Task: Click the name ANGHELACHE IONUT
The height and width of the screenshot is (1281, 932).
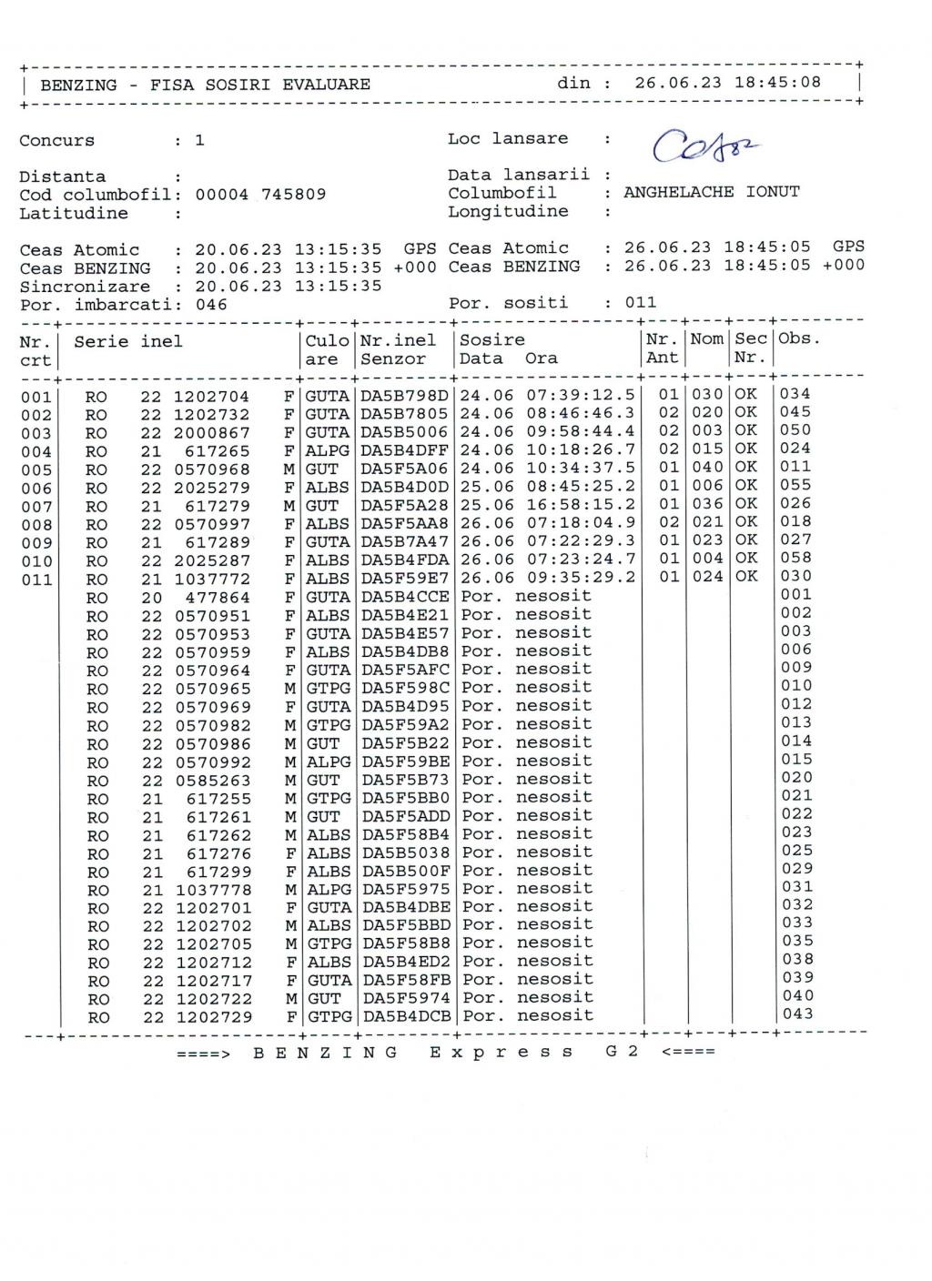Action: pos(711,192)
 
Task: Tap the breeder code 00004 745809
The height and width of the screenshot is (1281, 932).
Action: pos(260,194)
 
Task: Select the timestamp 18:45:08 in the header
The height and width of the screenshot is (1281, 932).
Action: pos(777,82)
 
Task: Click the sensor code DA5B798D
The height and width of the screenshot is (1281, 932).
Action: pos(404,395)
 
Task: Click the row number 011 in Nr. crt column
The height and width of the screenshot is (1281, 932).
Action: pos(36,580)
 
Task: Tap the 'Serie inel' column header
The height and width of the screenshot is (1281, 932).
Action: pos(128,341)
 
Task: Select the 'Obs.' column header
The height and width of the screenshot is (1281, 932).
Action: pos(799,338)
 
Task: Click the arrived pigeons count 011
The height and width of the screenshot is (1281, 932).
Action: pos(640,302)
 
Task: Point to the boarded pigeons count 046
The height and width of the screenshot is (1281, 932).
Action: pos(211,305)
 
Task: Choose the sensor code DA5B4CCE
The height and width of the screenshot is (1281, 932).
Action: pos(405,596)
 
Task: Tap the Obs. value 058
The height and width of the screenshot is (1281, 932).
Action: pos(795,558)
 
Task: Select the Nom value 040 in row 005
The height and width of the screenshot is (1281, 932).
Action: pos(707,468)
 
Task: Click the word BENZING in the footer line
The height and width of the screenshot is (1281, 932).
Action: pos(325,1052)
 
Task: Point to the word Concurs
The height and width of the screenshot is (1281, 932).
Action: pos(56,140)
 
